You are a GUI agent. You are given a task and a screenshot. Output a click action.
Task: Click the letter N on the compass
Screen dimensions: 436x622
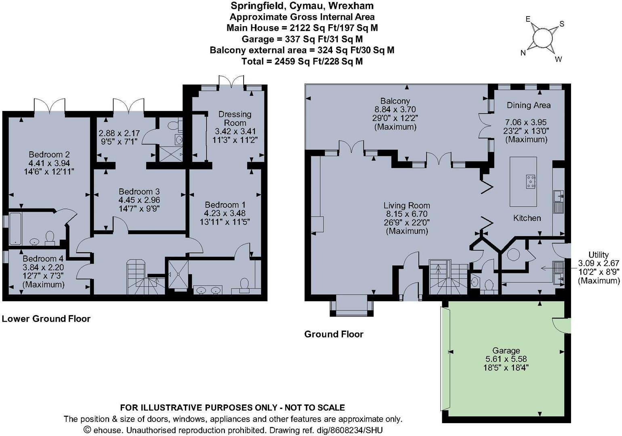[x=523, y=53]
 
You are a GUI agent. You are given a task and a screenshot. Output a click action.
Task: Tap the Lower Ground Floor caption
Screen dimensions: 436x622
[x=46, y=319]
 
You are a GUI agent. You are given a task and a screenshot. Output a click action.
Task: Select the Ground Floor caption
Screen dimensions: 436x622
[x=334, y=334]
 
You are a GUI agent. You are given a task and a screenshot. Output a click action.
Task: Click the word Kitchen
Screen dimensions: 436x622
[x=527, y=218]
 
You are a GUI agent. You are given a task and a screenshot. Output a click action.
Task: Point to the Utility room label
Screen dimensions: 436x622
[x=598, y=255]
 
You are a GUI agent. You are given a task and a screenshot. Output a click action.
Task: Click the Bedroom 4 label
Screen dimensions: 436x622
[x=43, y=259]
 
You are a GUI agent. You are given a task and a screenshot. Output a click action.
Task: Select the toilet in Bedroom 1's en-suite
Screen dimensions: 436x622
[x=245, y=284]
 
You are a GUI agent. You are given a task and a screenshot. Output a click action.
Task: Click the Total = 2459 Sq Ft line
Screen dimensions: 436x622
[x=302, y=61]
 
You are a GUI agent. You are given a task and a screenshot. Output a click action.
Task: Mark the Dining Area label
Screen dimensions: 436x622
[x=528, y=105]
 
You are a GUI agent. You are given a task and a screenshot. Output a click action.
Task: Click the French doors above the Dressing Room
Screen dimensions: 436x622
[x=231, y=81]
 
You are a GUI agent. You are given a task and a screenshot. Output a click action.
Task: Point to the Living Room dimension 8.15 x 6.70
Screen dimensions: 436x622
[x=406, y=214]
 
